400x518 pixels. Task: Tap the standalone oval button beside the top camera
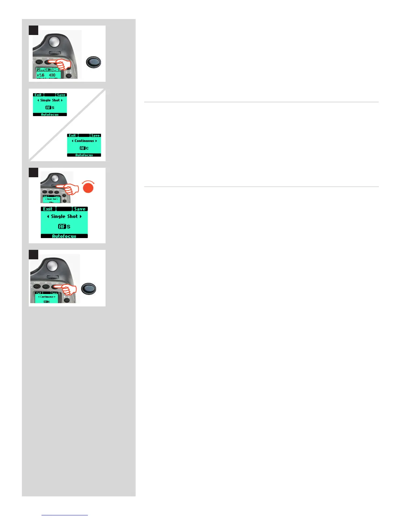(93, 62)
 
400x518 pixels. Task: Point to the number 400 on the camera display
(52, 75)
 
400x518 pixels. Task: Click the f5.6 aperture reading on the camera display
(41, 75)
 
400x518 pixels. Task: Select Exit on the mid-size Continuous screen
(72, 135)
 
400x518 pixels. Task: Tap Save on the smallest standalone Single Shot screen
(61, 95)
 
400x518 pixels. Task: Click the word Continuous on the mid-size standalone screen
(84, 141)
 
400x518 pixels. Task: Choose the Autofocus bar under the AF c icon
(84, 155)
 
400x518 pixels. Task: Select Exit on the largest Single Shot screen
(48, 209)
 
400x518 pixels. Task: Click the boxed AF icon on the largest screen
(62, 226)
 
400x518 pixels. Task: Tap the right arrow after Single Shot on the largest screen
(81, 216)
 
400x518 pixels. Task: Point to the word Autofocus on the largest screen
(64, 236)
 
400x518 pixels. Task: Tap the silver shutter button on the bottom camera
(52, 265)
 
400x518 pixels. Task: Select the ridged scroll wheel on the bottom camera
(53, 277)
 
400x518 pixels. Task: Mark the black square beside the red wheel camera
(34, 173)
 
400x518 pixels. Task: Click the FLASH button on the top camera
(39, 61)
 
